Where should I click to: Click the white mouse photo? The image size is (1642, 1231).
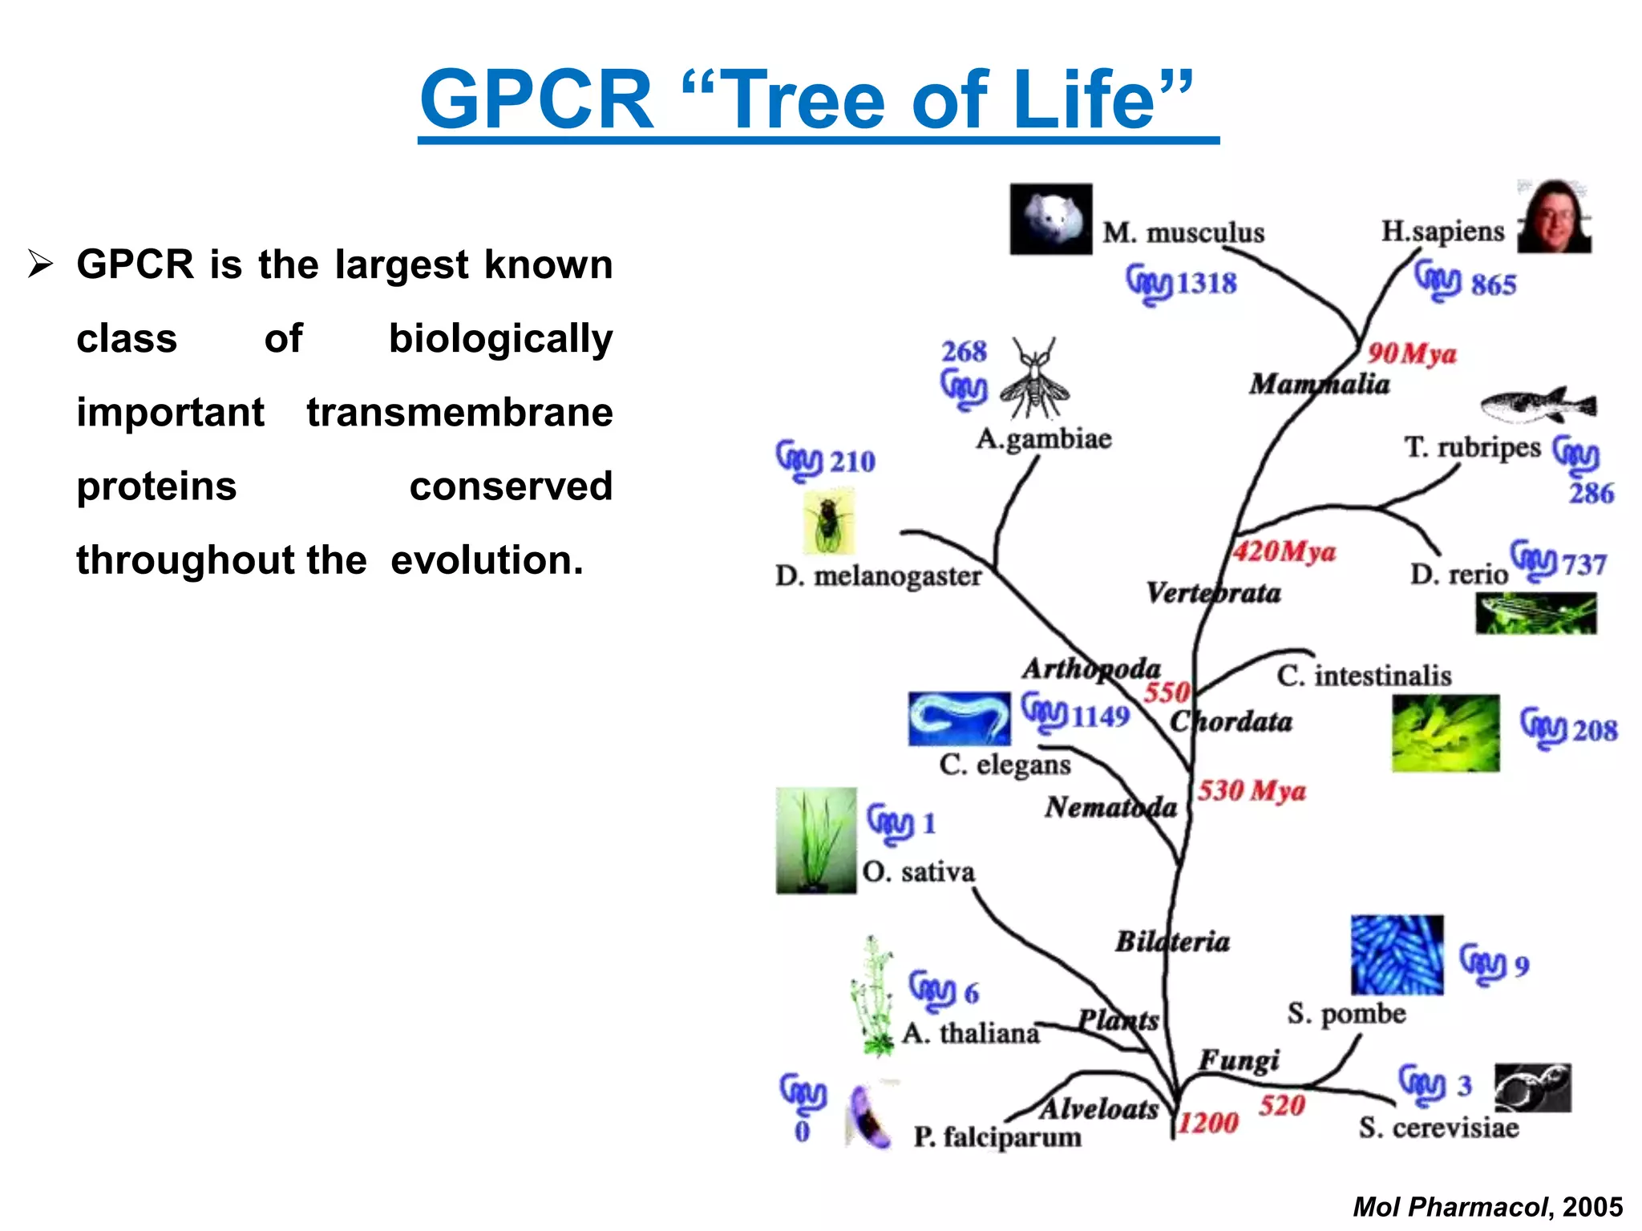click(1050, 219)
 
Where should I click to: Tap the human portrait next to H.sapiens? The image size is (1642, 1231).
click(1555, 217)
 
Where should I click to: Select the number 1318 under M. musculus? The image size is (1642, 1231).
click(1206, 284)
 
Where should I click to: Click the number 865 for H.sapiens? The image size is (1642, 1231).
click(1493, 285)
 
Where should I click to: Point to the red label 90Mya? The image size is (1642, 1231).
click(1411, 353)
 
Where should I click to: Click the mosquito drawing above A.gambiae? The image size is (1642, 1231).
click(1035, 379)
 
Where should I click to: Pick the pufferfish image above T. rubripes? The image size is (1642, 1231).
click(1537, 405)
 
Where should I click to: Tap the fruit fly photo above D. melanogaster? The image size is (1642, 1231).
click(828, 523)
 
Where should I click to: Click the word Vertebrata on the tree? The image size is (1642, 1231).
click(1213, 593)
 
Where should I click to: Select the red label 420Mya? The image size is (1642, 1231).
click(1284, 551)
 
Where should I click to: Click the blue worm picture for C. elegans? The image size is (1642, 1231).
click(959, 719)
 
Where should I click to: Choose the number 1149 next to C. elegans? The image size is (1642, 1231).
click(1100, 716)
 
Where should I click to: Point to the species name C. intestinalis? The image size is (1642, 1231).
click(1364, 676)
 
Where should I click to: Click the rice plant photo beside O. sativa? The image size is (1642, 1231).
click(815, 840)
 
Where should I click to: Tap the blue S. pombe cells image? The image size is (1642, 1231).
click(1397, 955)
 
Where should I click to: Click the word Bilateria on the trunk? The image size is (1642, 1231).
click(1172, 942)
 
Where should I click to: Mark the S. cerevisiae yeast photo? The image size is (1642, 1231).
click(1532, 1088)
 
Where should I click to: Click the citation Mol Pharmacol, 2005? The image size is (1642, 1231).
click(1487, 1207)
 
